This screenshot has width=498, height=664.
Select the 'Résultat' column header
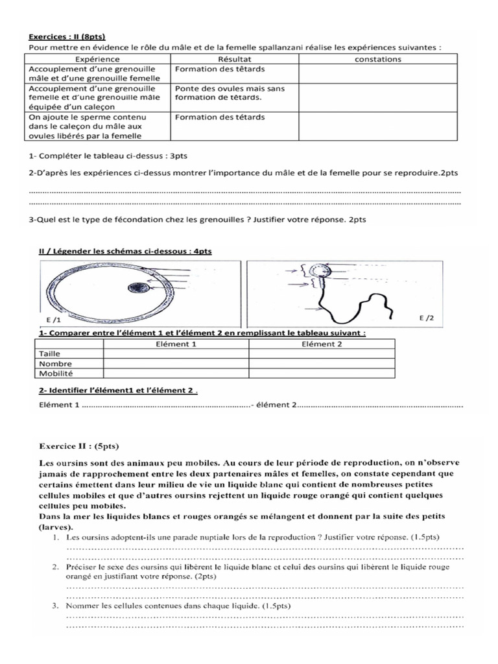pyautogui.click(x=234, y=59)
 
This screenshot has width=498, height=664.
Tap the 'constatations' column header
pyautogui.click(x=379, y=59)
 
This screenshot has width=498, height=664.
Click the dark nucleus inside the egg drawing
pyautogui.click(x=137, y=288)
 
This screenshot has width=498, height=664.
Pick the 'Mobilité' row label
pyautogui.click(x=56, y=373)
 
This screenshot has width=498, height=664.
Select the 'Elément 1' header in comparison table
pyautogui.click(x=176, y=344)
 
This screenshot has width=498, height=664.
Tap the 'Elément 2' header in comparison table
pyautogui.click(x=322, y=344)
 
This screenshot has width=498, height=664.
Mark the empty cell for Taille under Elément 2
pyautogui.click(x=322, y=355)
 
